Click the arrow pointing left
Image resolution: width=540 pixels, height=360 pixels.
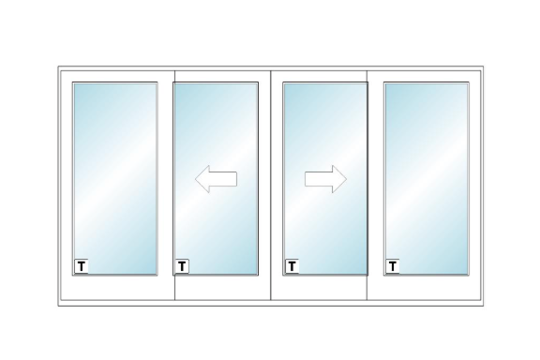216,179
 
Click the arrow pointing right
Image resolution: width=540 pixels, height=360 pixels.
325,179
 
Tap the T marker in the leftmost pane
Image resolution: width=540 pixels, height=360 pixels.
82,266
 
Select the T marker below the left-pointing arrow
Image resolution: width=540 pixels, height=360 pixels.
182,266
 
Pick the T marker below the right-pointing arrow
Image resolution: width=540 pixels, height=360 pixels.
292,266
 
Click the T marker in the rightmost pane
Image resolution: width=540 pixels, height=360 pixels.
393,266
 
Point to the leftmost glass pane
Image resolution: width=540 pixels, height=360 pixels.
115,179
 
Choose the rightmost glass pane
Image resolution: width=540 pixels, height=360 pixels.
427,179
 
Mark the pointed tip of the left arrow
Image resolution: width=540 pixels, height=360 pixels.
195,179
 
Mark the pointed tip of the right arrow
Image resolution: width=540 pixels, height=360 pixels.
347,179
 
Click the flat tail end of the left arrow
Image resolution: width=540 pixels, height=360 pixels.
237,179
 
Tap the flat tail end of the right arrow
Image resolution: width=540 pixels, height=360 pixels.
305,179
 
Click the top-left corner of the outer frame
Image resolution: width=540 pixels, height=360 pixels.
58,67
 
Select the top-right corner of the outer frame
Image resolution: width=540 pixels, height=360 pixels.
483,67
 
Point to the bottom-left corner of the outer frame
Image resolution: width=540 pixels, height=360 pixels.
58,306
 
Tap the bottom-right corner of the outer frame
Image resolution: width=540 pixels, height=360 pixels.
483,306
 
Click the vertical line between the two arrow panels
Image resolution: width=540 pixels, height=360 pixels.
271,186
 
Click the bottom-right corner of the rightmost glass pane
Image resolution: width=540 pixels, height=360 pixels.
468,275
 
